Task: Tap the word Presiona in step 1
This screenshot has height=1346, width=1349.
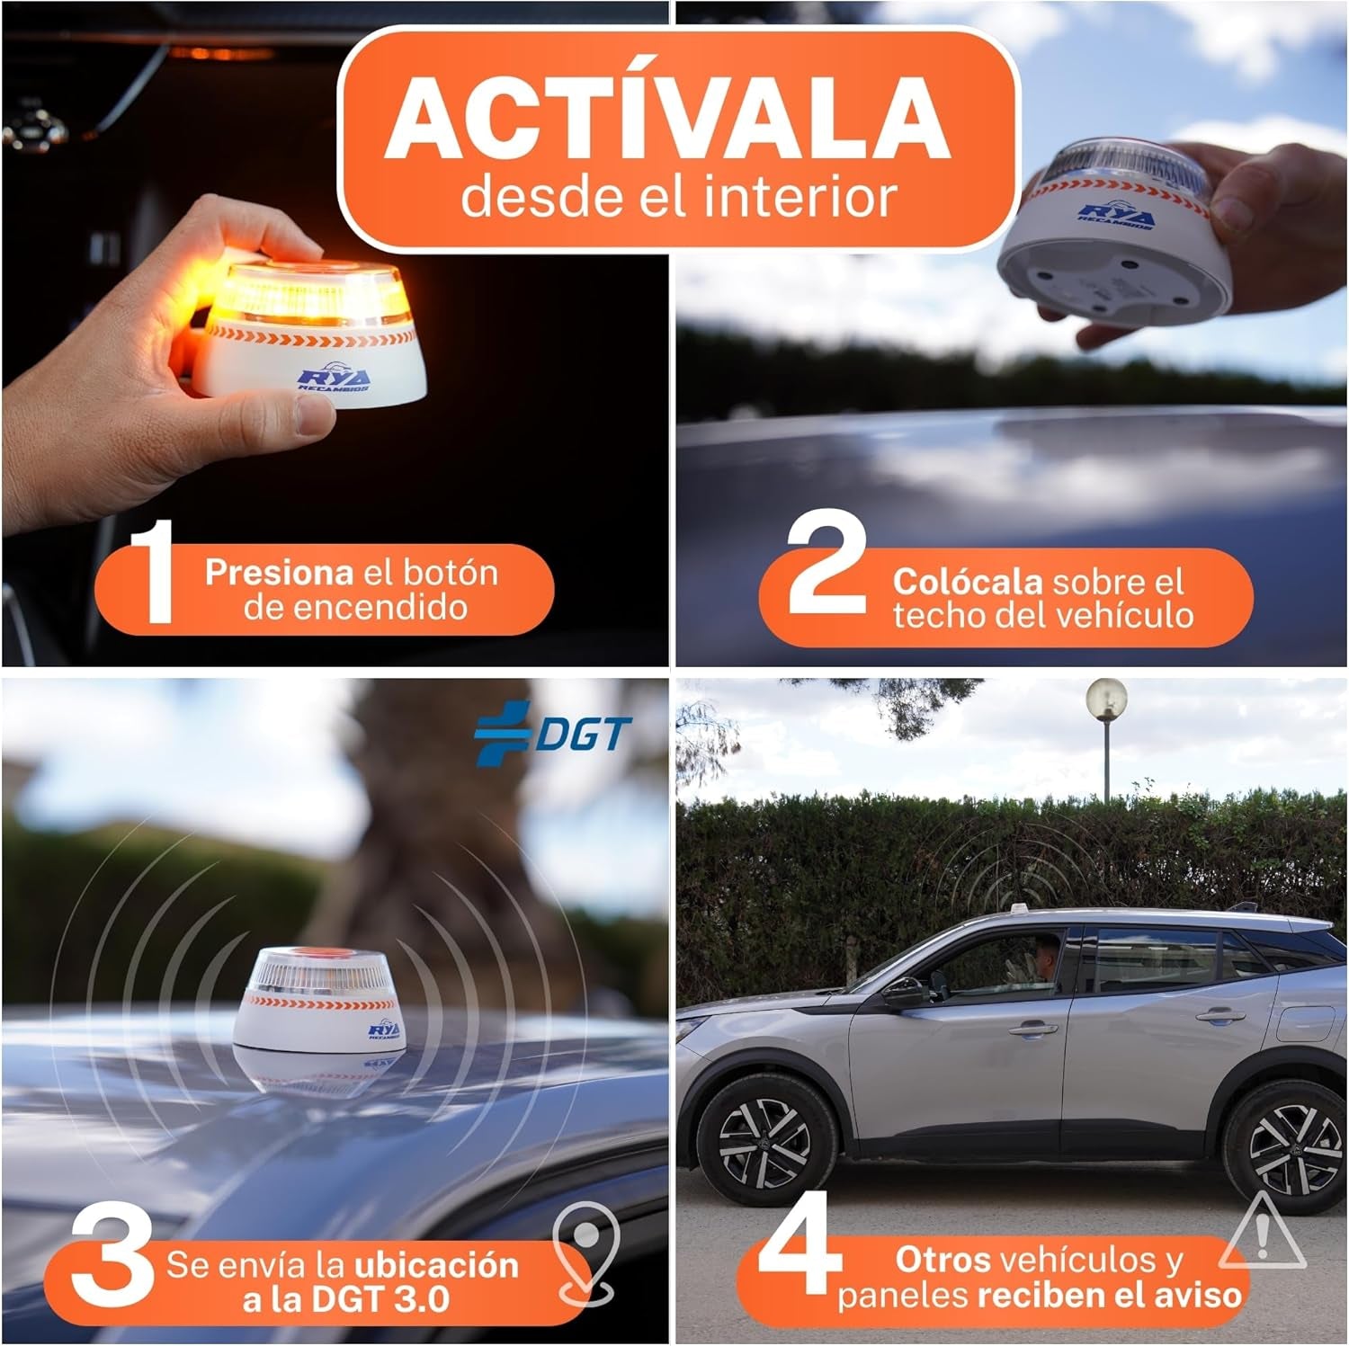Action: coord(278,573)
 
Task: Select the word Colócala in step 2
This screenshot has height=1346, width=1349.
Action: coord(966,582)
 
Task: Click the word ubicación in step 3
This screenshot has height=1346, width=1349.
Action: coord(436,1265)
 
